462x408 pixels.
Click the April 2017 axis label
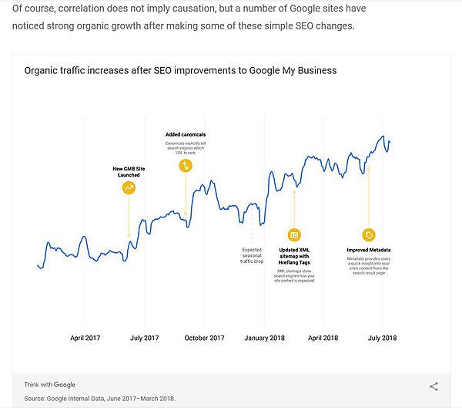pyautogui.click(x=85, y=338)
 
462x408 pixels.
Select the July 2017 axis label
pyautogui.click(x=144, y=338)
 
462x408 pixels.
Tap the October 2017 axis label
pyautogui.click(x=204, y=338)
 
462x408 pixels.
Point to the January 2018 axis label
pyautogui.click(x=264, y=338)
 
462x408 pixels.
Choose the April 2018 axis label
pyautogui.click(x=323, y=338)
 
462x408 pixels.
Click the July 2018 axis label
pyautogui.click(x=383, y=338)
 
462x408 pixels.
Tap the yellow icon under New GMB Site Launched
pyautogui.click(x=129, y=187)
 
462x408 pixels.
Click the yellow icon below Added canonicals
pyautogui.click(x=185, y=165)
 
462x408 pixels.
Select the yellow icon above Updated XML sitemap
pyautogui.click(x=293, y=234)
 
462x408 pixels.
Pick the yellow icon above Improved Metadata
pyautogui.click(x=369, y=234)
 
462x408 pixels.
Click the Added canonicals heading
pyautogui.click(x=186, y=134)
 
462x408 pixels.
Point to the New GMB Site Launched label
pyautogui.click(x=129, y=171)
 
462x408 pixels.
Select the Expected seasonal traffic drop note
pyautogui.click(x=253, y=255)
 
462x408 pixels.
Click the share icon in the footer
pyautogui.click(x=434, y=386)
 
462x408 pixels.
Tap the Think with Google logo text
pyautogui.click(x=50, y=384)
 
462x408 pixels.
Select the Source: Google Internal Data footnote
pyautogui.click(x=100, y=398)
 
